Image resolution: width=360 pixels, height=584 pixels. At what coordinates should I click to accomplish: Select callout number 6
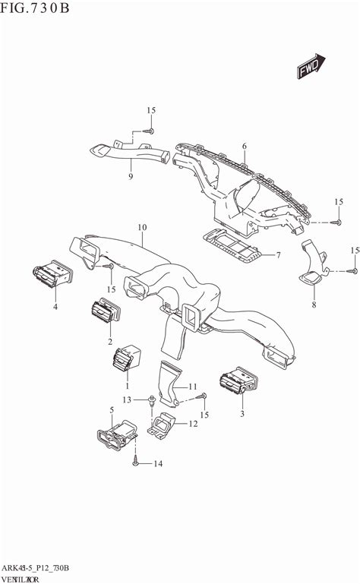pos(245,146)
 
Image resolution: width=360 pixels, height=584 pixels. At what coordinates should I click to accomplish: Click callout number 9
pos(131,177)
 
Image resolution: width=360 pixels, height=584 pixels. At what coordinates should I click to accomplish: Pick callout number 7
pos(279,254)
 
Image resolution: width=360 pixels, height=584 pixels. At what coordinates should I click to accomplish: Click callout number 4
pos(55,307)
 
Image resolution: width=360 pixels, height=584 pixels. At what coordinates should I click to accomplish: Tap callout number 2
pos(110,342)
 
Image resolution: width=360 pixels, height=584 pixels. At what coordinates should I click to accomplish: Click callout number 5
pos(112,410)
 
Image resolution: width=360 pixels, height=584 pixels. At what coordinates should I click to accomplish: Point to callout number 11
pos(193,387)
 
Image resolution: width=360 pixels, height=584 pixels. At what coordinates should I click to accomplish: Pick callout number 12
pos(193,425)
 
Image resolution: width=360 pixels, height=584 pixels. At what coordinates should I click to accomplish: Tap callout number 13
pos(128,399)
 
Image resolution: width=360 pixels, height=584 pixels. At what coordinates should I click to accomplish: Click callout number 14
pos(158,463)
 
